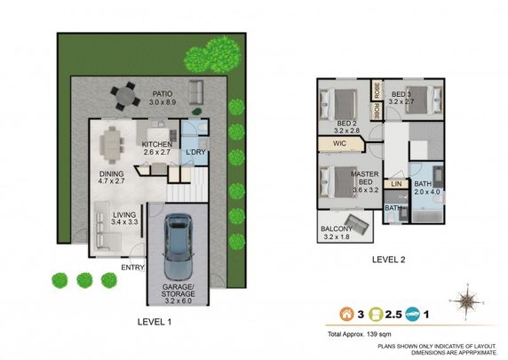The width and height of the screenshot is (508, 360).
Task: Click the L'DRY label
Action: tap(196, 151)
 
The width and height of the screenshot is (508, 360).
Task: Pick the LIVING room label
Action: tap(123, 213)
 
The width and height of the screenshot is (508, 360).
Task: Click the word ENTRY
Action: tap(132, 267)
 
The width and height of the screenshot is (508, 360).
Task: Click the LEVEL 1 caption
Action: tap(155, 322)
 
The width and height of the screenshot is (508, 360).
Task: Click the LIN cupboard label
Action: tap(395, 184)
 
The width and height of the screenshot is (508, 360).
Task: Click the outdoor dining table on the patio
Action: tap(124, 92)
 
